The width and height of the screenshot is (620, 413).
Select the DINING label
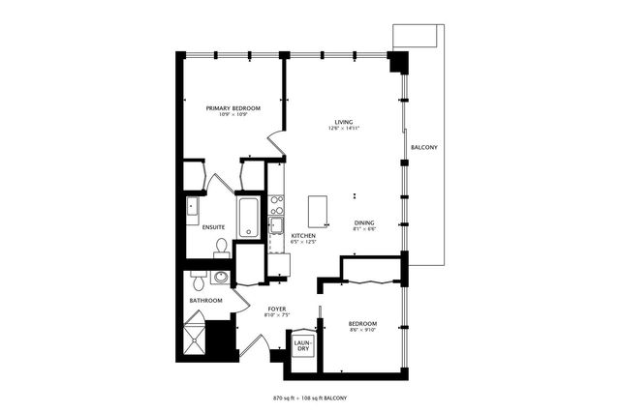click(364, 222)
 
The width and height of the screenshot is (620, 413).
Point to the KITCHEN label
click(304, 235)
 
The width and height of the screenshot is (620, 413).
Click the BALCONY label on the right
click(424, 147)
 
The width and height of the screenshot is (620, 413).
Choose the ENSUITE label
click(213, 227)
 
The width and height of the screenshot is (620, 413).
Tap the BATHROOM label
click(205, 300)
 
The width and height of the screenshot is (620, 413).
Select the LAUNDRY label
click(302, 345)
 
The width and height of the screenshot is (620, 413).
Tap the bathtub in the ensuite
click(248, 217)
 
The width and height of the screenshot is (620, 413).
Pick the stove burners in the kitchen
click(276, 204)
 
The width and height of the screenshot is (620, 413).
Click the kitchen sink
click(276, 226)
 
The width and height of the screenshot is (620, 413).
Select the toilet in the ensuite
click(222, 249)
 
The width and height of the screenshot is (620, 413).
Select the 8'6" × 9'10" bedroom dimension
click(363, 331)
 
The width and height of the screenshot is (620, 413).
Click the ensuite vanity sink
click(192, 206)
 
